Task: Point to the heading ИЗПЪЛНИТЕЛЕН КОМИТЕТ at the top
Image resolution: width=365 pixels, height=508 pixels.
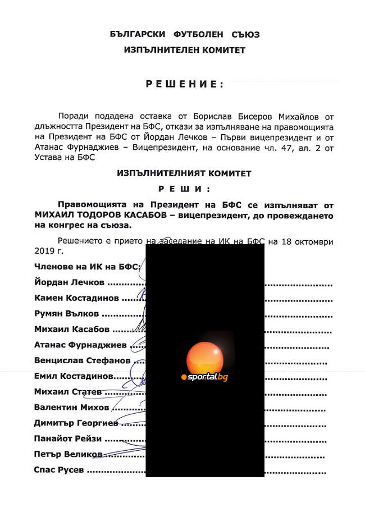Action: click(185, 50)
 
